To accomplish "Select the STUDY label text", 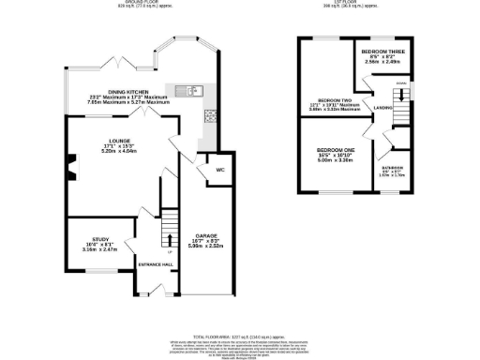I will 101,240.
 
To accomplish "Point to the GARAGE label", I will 206,235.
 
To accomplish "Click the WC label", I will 218,170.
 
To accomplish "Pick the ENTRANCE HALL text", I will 155,264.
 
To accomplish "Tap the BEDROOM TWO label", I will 333,100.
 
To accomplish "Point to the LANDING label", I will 382,107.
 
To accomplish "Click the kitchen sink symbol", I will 192,90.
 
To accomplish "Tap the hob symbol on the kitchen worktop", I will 210,116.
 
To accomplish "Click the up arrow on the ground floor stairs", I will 169,246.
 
